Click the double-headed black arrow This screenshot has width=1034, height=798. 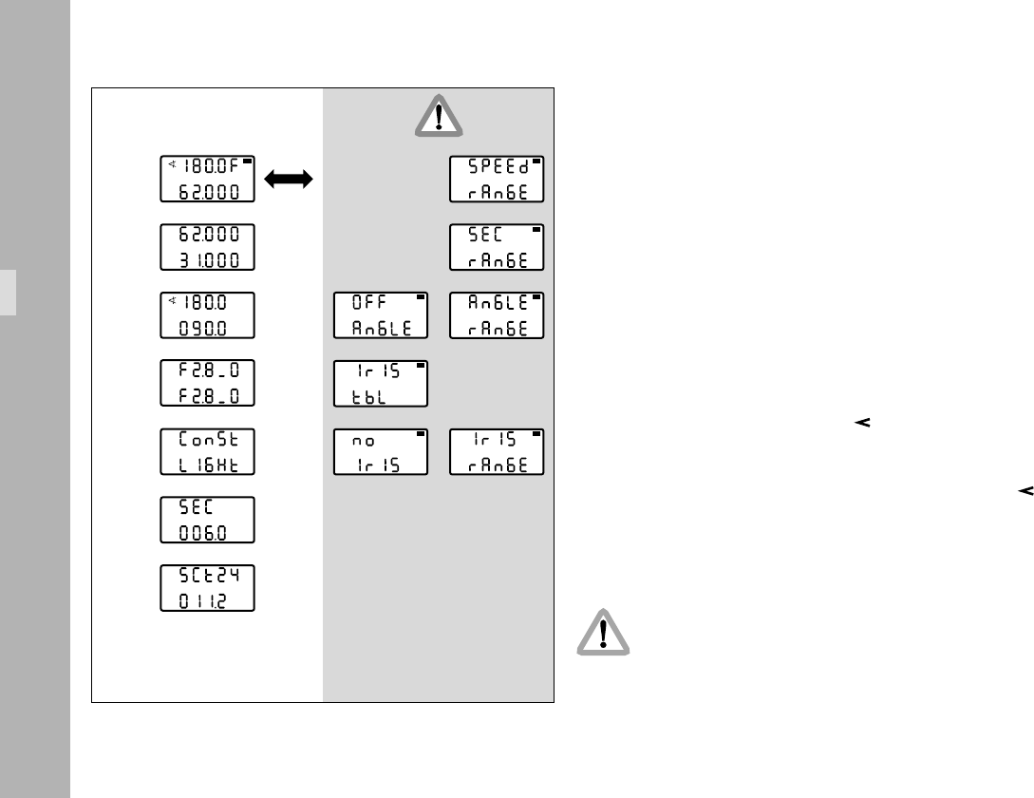pyautogui.click(x=289, y=180)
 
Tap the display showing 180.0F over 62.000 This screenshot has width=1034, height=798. pyautogui.click(x=207, y=180)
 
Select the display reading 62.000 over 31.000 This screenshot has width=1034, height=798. pyautogui.click(x=207, y=248)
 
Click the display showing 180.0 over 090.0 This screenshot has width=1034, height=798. pyautogui.click(x=207, y=316)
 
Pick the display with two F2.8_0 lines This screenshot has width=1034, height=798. pyautogui.click(x=207, y=384)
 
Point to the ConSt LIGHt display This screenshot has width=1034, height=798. pyautogui.click(x=207, y=452)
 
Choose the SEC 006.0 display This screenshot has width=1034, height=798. pyautogui.click(x=207, y=521)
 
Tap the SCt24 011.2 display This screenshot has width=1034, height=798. pyautogui.click(x=207, y=589)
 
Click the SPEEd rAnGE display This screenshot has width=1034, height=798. pyautogui.click(x=497, y=180)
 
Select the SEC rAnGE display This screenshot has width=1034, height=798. pyautogui.click(x=497, y=248)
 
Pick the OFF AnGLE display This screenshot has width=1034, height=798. pyautogui.click(x=381, y=316)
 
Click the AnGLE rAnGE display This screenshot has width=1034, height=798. pyautogui.click(x=497, y=316)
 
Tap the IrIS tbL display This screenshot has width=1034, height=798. pyautogui.click(x=381, y=384)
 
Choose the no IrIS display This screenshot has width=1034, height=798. pyautogui.click(x=381, y=452)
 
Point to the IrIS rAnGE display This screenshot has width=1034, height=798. pyautogui.click(x=497, y=452)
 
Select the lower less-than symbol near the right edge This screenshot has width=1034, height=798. pyautogui.click(x=1025, y=491)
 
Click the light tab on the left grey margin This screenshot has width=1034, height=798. pyautogui.click(x=8, y=292)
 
